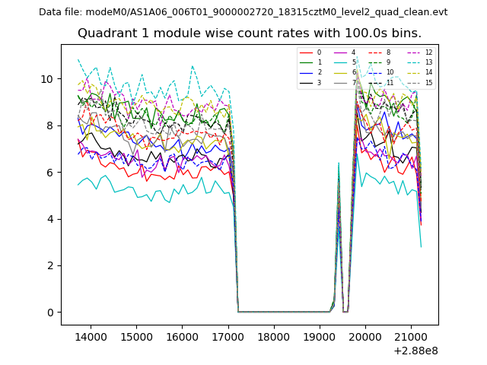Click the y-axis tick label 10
[x=47, y=79]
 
